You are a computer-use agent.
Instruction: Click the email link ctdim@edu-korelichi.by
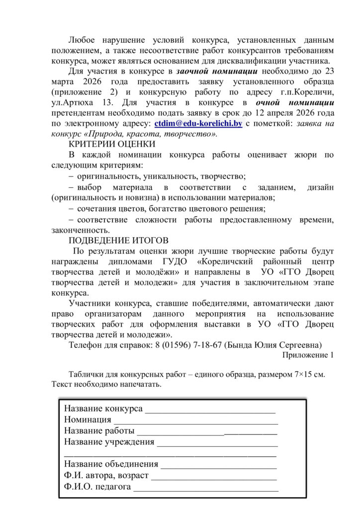tap(198, 124)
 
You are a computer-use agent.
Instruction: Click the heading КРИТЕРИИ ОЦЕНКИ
tap(112, 144)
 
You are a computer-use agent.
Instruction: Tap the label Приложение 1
tap(308, 355)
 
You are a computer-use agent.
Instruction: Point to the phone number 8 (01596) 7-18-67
tap(193, 344)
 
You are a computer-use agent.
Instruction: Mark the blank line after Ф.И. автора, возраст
tap(214, 477)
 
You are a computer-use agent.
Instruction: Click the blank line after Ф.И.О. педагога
tap(206, 489)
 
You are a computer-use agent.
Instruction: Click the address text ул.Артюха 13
tap(77, 103)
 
